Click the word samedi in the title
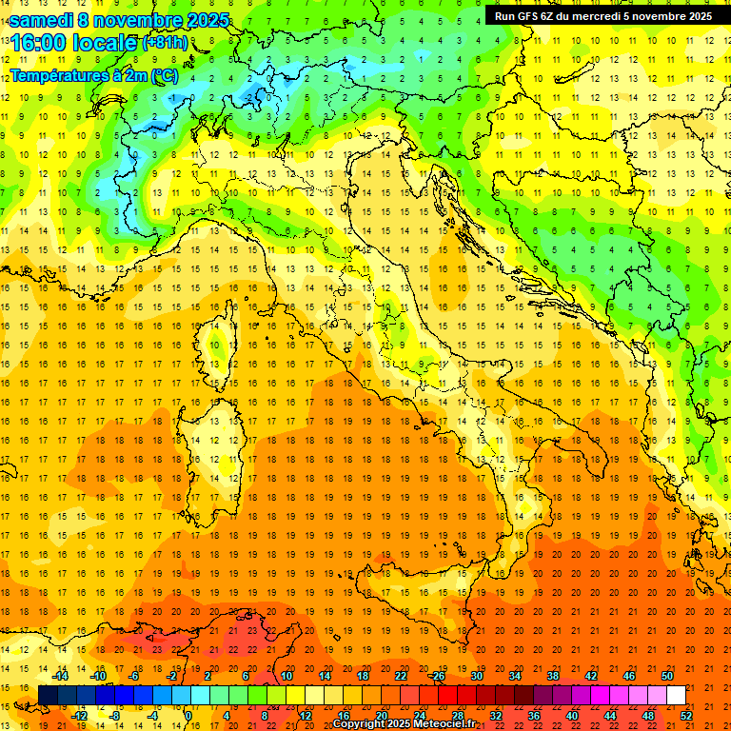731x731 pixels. (x=40, y=20)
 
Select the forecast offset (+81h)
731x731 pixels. (x=165, y=44)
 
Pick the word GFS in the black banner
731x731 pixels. (x=539, y=16)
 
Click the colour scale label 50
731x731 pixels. (x=666, y=676)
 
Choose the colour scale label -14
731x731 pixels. (x=62, y=676)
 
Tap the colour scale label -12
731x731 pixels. (x=80, y=716)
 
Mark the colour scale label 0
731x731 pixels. (x=188, y=716)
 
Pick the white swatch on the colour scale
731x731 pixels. (x=676, y=696)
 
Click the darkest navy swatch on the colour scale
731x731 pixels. (x=47, y=696)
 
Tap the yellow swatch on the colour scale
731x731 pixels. (x=314, y=696)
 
